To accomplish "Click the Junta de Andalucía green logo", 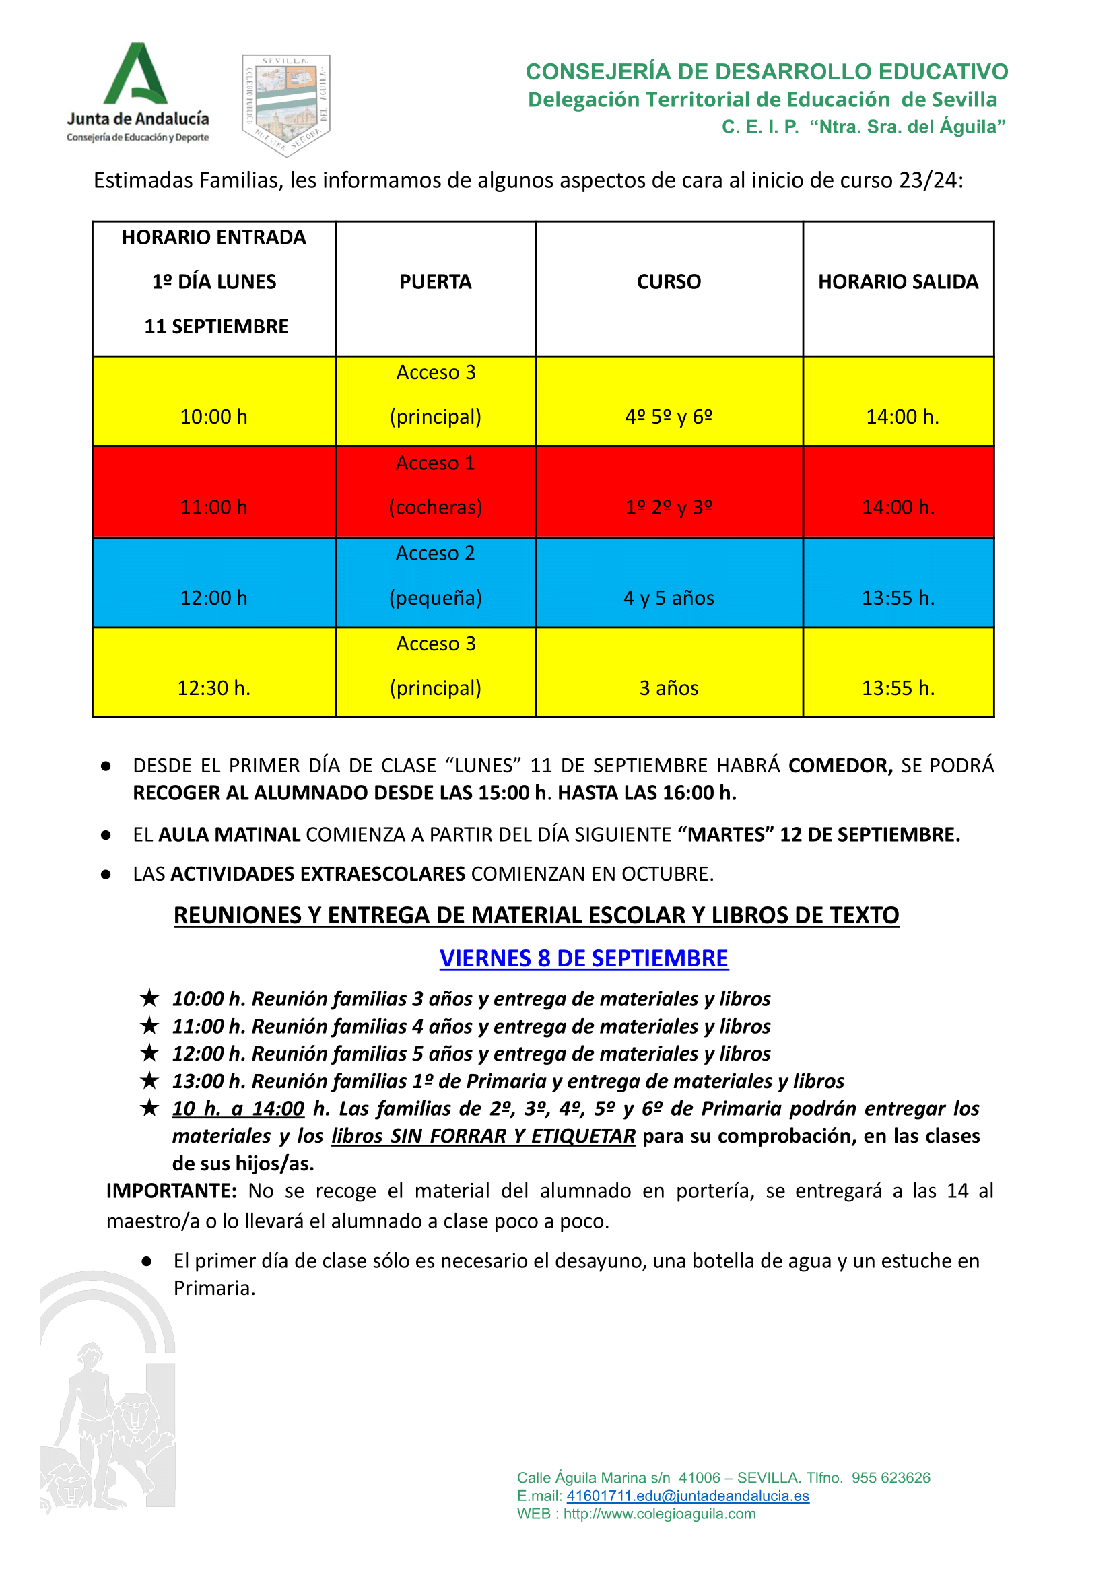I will click(137, 92).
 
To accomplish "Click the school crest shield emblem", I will click(285, 104).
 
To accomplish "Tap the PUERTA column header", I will click(435, 281).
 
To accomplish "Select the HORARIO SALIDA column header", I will click(898, 281).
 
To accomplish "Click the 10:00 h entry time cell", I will click(213, 416).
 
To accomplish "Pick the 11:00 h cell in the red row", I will click(213, 506).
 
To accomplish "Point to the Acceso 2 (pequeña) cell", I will click(435, 575).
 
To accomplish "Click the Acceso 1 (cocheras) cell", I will click(435, 485).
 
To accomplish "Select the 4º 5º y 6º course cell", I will click(669, 416).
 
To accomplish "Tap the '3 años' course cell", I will click(669, 688).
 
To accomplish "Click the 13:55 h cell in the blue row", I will click(898, 597).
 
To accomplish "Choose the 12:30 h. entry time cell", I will click(213, 688).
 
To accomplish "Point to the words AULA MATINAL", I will click(230, 834).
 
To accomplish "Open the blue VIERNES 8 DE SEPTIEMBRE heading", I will click(584, 958).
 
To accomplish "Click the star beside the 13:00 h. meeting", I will click(149, 1081).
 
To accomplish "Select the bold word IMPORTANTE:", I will click(171, 1191).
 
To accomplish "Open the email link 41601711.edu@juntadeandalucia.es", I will click(687, 1496).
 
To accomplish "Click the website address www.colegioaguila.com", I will click(659, 1514).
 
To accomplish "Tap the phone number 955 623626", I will click(891, 1477).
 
